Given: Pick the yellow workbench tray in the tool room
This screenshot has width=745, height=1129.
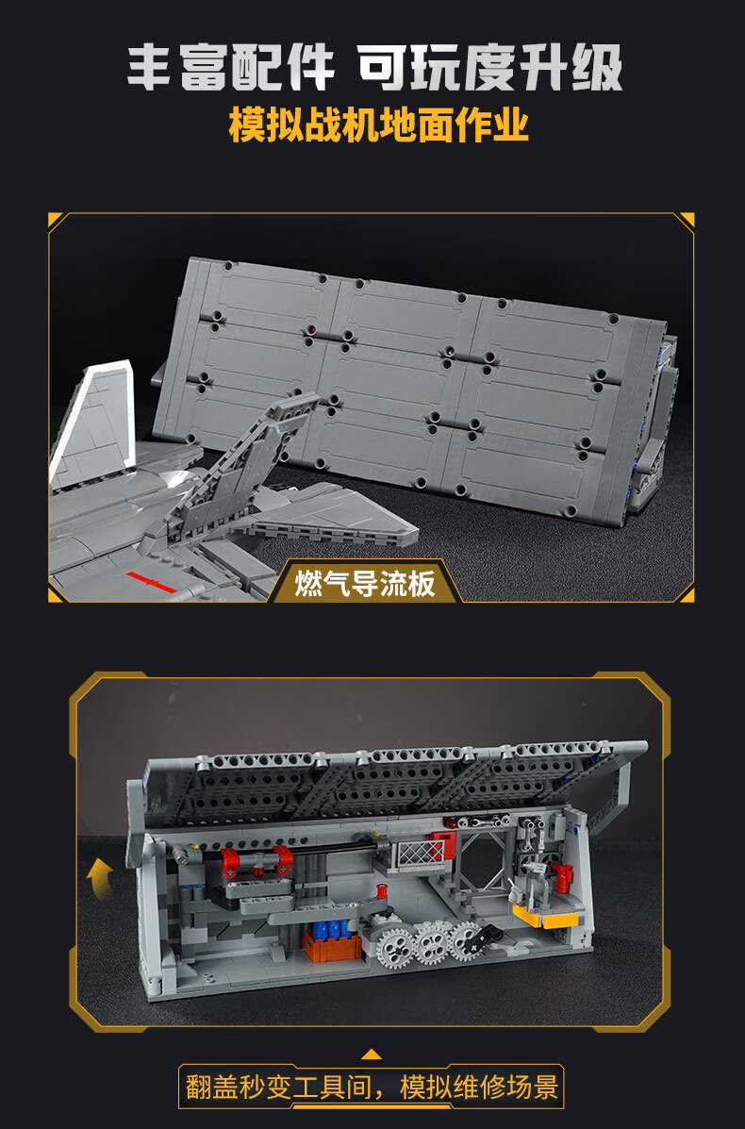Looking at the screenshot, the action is tap(546, 917).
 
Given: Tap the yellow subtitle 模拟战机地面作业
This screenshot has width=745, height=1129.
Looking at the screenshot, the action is tap(378, 125).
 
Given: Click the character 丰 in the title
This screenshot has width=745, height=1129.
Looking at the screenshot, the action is tap(149, 68).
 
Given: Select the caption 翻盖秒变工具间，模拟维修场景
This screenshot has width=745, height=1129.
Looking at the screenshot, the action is tap(372, 1087).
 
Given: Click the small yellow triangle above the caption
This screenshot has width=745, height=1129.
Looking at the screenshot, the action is tap(372, 1054).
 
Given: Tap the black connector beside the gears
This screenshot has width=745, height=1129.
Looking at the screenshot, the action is tap(482, 936).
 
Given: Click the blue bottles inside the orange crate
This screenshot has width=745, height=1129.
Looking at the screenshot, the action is tap(333, 930).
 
